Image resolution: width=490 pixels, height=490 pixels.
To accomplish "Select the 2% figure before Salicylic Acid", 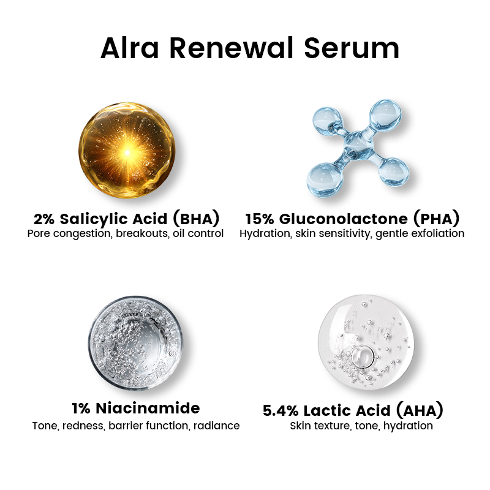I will (x=45, y=219).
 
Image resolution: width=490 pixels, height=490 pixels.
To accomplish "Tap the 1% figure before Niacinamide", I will (x=83, y=408).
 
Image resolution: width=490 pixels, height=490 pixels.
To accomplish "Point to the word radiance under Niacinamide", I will (x=215, y=426).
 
